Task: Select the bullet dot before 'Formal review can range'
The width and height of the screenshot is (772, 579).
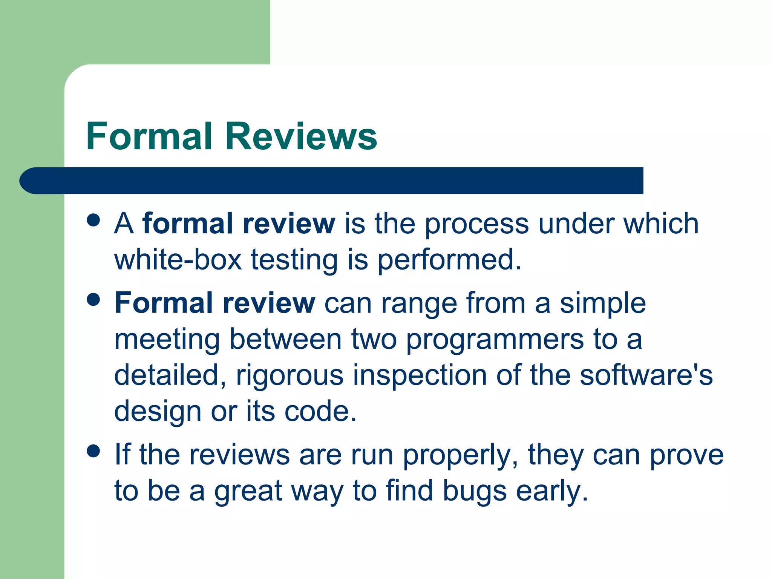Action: click(x=93, y=300)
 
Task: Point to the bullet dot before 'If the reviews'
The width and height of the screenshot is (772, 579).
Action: click(x=93, y=451)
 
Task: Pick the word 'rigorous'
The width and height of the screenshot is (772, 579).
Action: click(x=289, y=376)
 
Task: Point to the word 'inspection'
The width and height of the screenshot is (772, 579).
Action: click(x=420, y=376)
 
